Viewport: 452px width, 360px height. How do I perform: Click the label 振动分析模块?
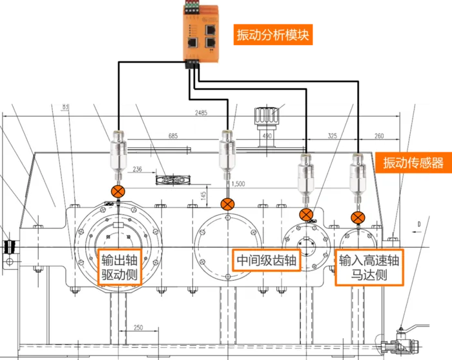(273, 34)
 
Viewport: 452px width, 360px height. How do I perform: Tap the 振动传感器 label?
(413, 163)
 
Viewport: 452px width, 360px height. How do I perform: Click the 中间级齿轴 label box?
(265, 261)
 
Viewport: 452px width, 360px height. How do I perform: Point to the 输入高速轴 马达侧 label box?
(369, 268)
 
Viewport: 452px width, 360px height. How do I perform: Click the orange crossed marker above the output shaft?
(118, 191)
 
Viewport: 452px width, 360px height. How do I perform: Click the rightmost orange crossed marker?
(357, 216)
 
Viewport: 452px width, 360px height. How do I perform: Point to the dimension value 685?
(172, 136)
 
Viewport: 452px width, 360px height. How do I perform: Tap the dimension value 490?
(267, 136)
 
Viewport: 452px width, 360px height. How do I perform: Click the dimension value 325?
(332, 136)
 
